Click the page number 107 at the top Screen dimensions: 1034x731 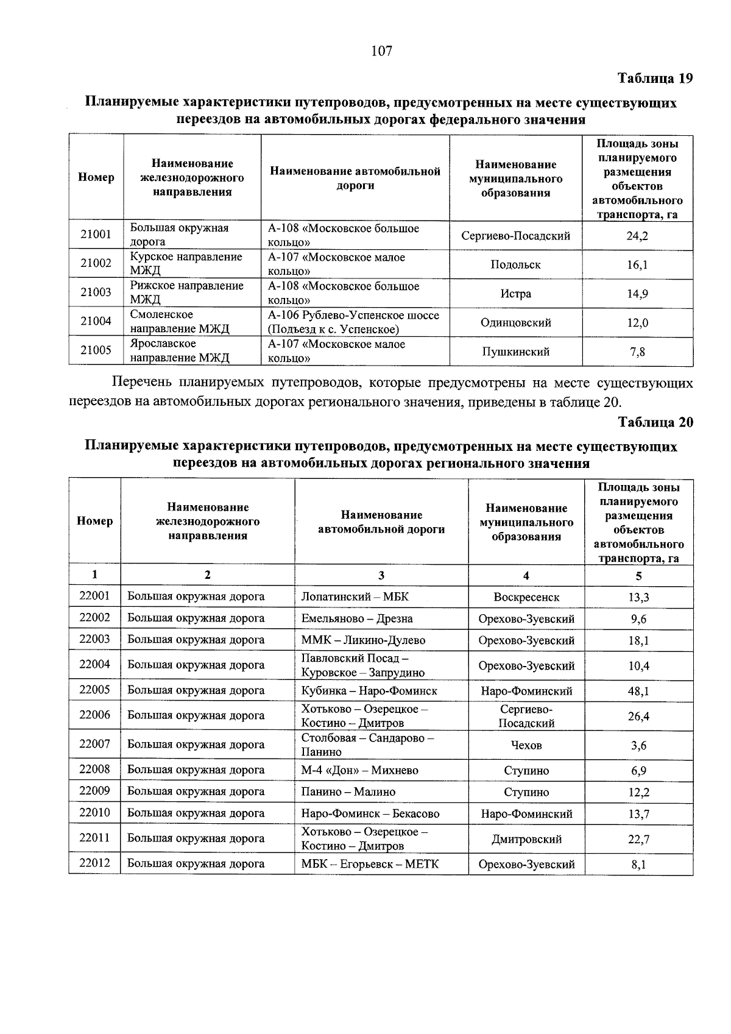coord(382,51)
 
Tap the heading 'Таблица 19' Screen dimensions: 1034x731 coord(655,79)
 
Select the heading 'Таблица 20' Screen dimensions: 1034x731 coord(655,422)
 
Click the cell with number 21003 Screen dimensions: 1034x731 coord(96,292)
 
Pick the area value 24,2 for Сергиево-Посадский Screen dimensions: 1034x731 coord(637,236)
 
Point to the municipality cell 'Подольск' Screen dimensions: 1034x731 coord(515,264)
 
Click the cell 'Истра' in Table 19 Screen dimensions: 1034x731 coord(515,294)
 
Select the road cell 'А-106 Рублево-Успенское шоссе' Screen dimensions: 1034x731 coord(353,322)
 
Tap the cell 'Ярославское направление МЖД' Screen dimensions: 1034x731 coord(179,351)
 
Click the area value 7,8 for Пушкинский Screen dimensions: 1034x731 coord(637,352)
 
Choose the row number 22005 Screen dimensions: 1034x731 coord(94,690)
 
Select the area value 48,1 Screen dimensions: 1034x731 coord(638,691)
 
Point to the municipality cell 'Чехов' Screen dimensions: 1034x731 coord(526,745)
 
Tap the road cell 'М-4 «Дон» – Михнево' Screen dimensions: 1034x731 coord(359,770)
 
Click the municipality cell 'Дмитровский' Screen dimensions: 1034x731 coord(526,839)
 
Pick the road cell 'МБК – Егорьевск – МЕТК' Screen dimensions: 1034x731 coord(370,864)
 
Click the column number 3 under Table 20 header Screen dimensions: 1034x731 coord(381,575)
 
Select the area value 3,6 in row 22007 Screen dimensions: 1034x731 coord(638,745)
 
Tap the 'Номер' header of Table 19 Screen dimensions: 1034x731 coord(96,178)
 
